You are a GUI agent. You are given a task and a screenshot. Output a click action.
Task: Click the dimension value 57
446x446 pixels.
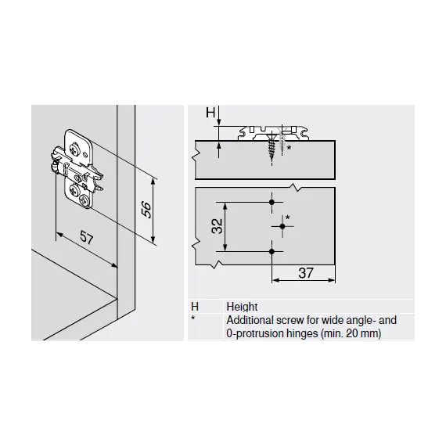click(x=87, y=237)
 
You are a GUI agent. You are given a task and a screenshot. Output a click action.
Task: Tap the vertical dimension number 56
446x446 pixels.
click(x=147, y=210)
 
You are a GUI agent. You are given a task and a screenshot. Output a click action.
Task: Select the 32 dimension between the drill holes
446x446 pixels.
click(x=217, y=226)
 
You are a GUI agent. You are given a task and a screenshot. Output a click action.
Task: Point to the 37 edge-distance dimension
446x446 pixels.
click(x=306, y=273)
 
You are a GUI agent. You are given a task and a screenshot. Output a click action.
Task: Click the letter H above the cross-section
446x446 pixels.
click(x=210, y=113)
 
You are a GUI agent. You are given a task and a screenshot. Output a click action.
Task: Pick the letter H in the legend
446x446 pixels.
click(x=195, y=307)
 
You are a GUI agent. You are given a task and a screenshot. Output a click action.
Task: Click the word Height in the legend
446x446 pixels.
click(x=242, y=307)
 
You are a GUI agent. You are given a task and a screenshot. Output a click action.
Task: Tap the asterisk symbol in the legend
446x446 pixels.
click(x=193, y=318)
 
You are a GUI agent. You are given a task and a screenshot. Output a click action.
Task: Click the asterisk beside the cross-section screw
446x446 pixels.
click(x=289, y=148)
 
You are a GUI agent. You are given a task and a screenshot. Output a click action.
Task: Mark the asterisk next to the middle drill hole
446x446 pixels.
click(x=288, y=218)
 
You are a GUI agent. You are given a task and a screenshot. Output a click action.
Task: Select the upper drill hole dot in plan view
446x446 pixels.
click(x=272, y=202)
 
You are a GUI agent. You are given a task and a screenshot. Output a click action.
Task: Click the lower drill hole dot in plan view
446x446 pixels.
click(x=272, y=251)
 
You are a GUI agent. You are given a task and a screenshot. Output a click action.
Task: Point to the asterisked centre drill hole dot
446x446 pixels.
click(x=282, y=226)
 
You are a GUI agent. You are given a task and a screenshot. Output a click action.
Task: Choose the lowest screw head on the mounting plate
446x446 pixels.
click(x=85, y=200)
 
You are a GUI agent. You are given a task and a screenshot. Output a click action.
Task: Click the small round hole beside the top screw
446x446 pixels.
click(x=85, y=154)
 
